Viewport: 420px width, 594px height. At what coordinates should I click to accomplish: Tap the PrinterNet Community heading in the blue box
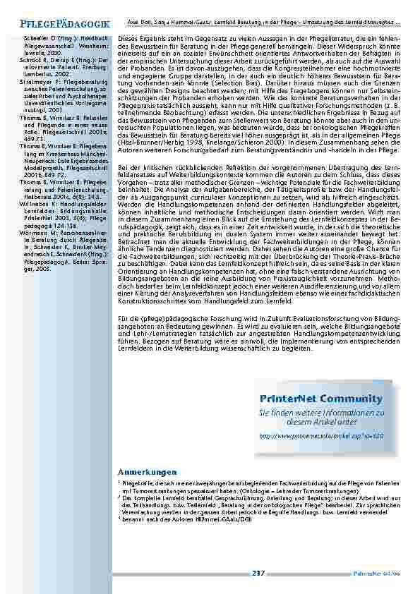point(316,399)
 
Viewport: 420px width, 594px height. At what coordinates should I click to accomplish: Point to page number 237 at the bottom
point(257,572)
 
